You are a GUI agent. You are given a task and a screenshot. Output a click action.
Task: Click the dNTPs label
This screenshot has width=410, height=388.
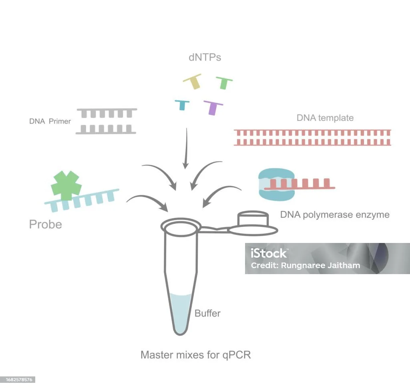pyautogui.click(x=205, y=58)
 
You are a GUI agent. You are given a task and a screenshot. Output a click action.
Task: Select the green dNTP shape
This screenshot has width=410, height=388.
pyautogui.click(x=224, y=82)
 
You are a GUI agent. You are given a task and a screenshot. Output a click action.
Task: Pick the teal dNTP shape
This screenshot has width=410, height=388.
pyautogui.click(x=182, y=104)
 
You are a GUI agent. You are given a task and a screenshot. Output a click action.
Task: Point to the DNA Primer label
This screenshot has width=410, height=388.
pyautogui.click(x=50, y=121)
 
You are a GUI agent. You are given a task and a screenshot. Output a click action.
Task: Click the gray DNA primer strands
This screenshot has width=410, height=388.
pyautogui.click(x=107, y=121)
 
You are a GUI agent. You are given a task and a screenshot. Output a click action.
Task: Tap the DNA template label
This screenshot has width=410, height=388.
pyautogui.click(x=325, y=118)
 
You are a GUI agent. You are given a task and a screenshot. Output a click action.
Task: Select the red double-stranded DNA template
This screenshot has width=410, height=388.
pyautogui.click(x=312, y=137)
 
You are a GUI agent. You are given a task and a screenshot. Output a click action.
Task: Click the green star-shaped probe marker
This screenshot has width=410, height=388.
pyautogui.click(x=66, y=185)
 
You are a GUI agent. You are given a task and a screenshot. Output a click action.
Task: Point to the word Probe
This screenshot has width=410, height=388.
pyautogui.click(x=45, y=224)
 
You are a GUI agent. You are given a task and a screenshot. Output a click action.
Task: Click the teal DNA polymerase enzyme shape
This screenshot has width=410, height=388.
pyautogui.click(x=276, y=184)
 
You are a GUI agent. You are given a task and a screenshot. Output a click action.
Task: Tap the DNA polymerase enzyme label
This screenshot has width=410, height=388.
pyautogui.click(x=334, y=215)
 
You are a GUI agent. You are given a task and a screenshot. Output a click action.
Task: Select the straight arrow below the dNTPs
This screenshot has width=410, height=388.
pyautogui.click(x=185, y=148)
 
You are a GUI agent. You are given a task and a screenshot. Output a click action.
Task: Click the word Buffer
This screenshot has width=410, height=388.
pyautogui.click(x=207, y=313)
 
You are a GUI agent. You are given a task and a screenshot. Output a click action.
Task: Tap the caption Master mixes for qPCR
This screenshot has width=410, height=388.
pyautogui.click(x=195, y=354)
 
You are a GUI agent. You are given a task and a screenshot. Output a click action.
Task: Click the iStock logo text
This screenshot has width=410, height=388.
pyautogui.click(x=269, y=253)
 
